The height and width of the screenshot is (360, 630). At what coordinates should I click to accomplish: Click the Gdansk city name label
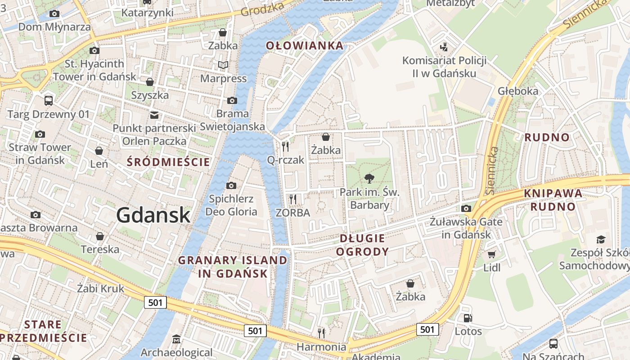tap(153, 216)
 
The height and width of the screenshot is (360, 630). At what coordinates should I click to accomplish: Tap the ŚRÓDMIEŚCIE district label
tap(168, 162)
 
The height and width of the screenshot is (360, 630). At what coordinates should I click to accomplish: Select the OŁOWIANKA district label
tap(305, 45)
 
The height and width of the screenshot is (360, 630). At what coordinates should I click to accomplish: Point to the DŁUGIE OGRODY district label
tap(362, 245)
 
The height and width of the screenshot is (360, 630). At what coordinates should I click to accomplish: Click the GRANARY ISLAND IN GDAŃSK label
tap(233, 266)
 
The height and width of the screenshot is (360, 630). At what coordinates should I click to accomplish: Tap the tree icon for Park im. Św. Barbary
tap(369, 178)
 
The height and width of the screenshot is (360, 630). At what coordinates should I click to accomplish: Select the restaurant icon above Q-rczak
tap(285, 146)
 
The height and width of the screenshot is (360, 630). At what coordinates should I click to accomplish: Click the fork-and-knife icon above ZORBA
tap(293, 198)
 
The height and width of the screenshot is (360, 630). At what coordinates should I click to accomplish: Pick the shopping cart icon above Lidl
tap(491, 254)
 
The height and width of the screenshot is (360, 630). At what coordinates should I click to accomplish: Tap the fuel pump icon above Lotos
tap(468, 318)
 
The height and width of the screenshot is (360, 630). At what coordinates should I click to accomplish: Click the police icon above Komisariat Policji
tap(444, 46)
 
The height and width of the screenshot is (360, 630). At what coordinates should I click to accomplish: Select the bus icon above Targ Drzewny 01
tap(48, 100)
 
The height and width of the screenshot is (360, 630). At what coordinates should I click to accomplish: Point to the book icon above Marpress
tap(223, 65)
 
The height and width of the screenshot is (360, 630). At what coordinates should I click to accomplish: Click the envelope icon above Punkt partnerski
tap(154, 115)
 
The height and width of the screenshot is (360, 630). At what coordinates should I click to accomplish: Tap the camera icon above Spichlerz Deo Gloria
tap(231, 185)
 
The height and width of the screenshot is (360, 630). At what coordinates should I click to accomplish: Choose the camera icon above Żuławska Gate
tap(466, 208)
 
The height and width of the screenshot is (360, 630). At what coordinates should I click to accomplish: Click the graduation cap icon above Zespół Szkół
tap(601, 239)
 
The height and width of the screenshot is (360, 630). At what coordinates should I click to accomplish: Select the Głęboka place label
tap(518, 91)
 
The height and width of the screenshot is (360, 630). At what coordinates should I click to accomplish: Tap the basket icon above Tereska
tap(100, 236)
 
